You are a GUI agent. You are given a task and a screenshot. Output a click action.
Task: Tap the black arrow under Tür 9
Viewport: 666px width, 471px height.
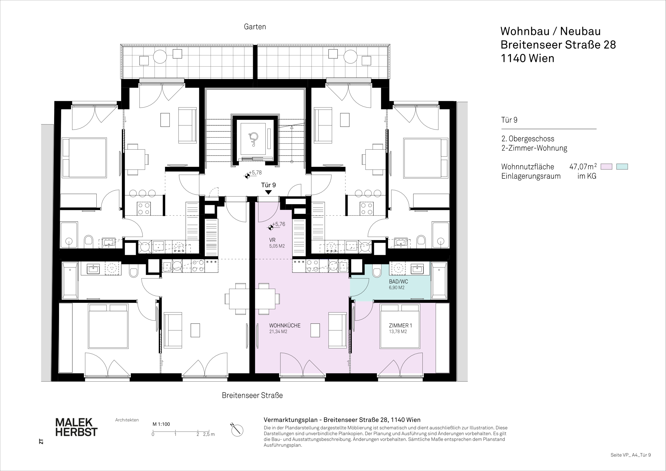point(268,192)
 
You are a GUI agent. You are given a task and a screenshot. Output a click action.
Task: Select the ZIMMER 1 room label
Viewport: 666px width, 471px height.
point(400,326)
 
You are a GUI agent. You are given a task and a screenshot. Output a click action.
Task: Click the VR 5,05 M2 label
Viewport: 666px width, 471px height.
point(277,243)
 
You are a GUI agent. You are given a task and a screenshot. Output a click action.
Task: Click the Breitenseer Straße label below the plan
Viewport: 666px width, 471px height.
point(252,395)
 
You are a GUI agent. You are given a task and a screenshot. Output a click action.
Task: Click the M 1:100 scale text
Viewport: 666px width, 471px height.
point(161,424)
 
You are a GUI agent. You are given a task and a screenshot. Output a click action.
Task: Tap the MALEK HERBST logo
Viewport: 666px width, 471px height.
point(76,427)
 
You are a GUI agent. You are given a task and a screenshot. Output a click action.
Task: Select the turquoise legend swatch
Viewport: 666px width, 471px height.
point(622,167)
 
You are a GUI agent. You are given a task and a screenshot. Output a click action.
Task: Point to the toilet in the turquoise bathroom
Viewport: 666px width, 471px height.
point(377,272)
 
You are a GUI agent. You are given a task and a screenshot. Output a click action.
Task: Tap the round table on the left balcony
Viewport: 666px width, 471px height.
point(160,57)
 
